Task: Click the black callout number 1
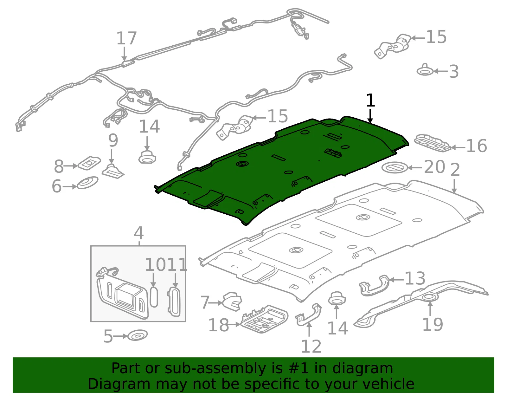pyautogui.click(x=370, y=100)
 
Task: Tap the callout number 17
pyautogui.click(x=126, y=38)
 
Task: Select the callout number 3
pyautogui.click(x=453, y=71)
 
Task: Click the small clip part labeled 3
pyautogui.click(x=425, y=70)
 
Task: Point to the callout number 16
pyautogui.click(x=476, y=146)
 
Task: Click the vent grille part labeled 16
pyautogui.click(x=433, y=143)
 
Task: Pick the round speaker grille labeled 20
pyautogui.click(x=395, y=167)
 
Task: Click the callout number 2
pyautogui.click(x=455, y=170)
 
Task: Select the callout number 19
pyautogui.click(x=433, y=324)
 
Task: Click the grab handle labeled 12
pyautogui.click(x=308, y=314)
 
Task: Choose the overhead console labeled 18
pyautogui.click(x=264, y=319)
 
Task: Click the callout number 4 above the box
pyautogui.click(x=138, y=233)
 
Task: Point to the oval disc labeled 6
pyautogui.click(x=87, y=183)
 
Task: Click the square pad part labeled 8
pyautogui.click(x=89, y=163)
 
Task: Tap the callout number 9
pyautogui.click(x=113, y=140)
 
